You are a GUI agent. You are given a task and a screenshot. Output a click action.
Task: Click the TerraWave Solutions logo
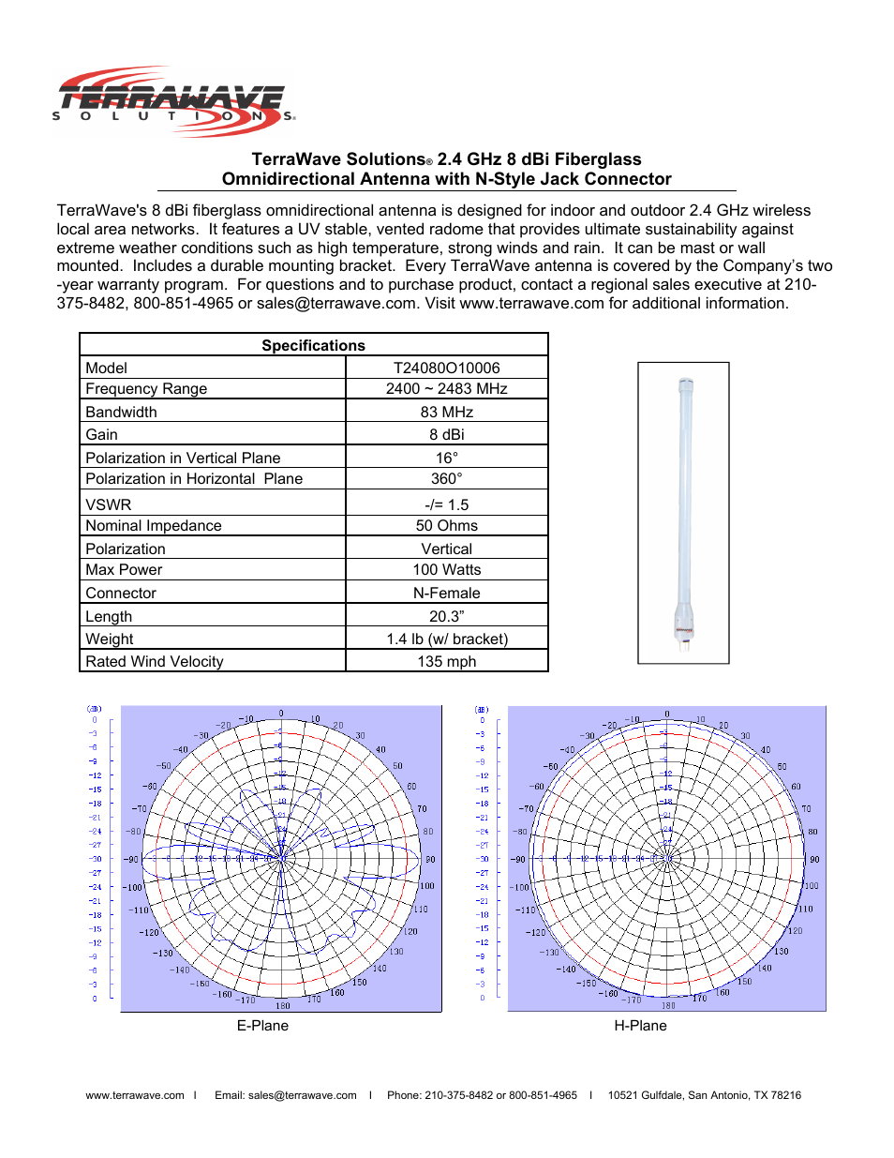(173, 100)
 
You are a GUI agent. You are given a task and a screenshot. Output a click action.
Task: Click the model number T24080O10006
(446, 368)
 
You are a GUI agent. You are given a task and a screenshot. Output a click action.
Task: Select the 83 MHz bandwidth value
(446, 412)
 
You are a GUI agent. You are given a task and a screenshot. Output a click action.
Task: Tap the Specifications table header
(313, 345)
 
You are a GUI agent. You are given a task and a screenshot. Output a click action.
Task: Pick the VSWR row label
(109, 504)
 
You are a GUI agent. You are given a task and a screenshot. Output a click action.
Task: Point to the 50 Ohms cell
(446, 525)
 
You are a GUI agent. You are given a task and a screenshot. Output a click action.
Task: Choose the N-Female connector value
(446, 593)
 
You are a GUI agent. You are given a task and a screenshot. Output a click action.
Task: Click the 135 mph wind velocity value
(446, 661)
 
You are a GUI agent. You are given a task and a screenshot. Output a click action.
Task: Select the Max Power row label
(124, 569)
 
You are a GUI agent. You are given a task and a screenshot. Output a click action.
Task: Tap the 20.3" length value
(446, 616)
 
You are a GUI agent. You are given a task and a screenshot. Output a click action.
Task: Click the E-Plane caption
(262, 1025)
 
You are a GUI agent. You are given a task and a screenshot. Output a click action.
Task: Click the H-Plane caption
(640, 1025)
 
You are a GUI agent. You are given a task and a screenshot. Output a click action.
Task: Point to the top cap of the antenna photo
(685, 384)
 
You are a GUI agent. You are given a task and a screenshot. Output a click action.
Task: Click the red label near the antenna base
(684, 629)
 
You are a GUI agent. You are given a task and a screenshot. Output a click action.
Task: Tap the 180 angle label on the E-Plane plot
(282, 1005)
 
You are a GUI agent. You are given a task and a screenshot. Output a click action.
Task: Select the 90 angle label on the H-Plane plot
(814, 859)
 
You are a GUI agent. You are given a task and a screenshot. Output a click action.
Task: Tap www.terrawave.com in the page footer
(135, 1095)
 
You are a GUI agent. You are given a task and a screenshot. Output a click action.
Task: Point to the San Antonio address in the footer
(704, 1095)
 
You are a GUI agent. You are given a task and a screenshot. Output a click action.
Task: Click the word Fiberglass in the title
(597, 159)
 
